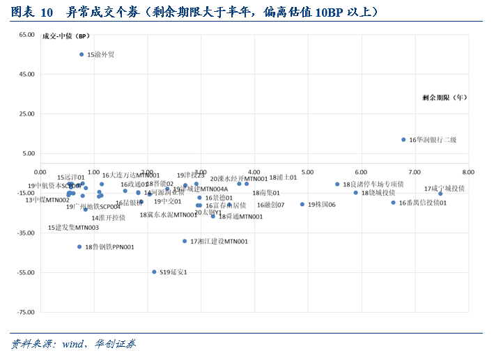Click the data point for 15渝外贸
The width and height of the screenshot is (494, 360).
click(x=82, y=54)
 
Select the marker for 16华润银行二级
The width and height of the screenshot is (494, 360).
click(x=403, y=139)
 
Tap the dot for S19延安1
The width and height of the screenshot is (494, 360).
click(x=154, y=272)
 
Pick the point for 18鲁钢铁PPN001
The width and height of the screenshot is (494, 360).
click(x=79, y=246)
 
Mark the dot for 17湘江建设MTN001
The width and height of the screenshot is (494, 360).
click(x=185, y=241)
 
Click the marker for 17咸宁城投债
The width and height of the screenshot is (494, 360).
click(x=440, y=194)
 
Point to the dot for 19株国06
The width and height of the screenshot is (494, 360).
click(x=302, y=204)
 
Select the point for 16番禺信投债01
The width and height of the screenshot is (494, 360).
click(x=393, y=203)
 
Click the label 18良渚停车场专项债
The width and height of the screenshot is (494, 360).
click(x=373, y=185)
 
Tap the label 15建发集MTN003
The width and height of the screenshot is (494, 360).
click(x=74, y=228)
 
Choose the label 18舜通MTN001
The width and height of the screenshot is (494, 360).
click(x=240, y=217)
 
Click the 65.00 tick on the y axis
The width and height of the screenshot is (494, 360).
click(x=26, y=34)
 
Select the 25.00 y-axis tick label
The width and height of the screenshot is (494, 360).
click(x=26, y=114)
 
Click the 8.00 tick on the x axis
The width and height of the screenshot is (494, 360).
click(x=468, y=171)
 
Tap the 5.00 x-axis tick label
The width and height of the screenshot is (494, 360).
click(x=307, y=171)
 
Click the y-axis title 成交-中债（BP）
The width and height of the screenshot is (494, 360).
click(x=66, y=36)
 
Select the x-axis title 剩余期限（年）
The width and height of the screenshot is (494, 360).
click(x=446, y=98)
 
